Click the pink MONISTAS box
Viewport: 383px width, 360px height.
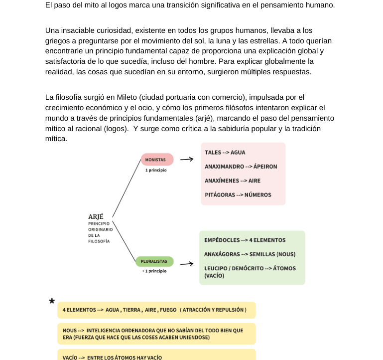(x=157, y=160)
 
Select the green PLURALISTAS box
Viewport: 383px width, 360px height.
(x=154, y=261)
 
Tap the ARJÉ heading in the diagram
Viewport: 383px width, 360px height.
(x=96, y=216)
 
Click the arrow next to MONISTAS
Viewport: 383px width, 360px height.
(x=186, y=160)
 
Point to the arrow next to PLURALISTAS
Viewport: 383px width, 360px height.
(x=186, y=264)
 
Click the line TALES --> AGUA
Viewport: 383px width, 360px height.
(x=225, y=153)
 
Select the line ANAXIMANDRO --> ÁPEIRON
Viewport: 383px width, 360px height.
(x=241, y=167)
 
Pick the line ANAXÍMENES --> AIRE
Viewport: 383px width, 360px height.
(x=232, y=180)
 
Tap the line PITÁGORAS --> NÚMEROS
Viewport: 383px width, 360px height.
(x=238, y=194)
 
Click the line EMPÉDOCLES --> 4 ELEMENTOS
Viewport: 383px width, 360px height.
(x=245, y=240)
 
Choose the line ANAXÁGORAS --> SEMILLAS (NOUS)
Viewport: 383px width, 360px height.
(x=250, y=254)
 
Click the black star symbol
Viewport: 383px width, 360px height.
(x=52, y=301)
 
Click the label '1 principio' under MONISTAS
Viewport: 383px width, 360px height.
(x=156, y=170)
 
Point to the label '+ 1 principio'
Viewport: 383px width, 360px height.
(x=154, y=271)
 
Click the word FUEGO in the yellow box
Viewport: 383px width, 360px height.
(x=168, y=310)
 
